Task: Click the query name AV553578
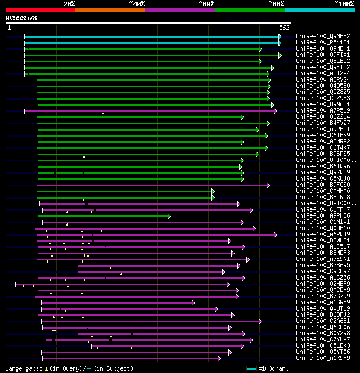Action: click(21, 18)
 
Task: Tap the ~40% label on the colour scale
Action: click(137, 3)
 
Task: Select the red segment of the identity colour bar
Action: click(40, 10)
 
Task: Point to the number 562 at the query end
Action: click(284, 27)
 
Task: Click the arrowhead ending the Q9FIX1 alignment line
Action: click(280, 55)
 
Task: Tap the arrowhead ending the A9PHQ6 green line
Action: click(169, 216)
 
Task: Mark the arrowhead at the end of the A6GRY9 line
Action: click(193, 303)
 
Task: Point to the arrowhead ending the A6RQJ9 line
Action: click(276, 235)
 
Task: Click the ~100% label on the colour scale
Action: click(344, 3)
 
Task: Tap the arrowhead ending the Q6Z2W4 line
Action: click(242, 117)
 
